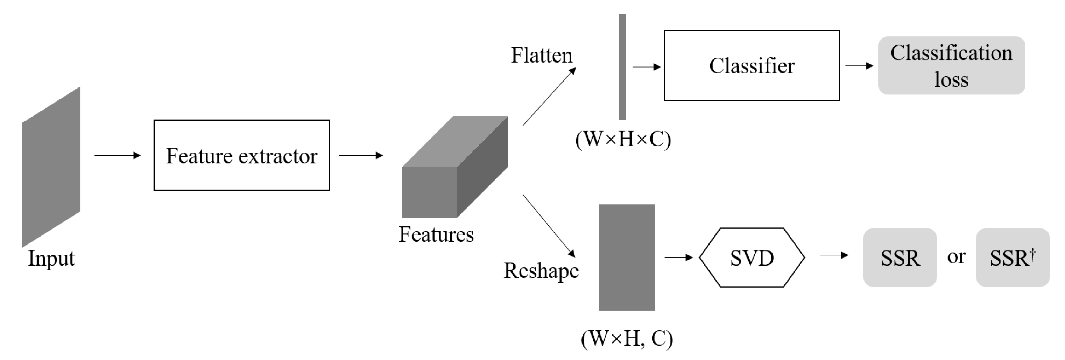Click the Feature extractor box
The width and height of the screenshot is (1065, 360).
coord(241,155)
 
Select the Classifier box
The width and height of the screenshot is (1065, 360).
coord(751,66)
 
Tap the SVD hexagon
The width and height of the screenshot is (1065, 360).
coord(752,257)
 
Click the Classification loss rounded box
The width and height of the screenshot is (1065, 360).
coord(951,66)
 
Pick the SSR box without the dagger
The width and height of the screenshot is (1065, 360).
coord(900,257)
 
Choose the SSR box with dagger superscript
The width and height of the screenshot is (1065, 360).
coord(1012,257)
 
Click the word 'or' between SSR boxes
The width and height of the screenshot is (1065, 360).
coord(956,257)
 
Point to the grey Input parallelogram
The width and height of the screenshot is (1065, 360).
coord(51,167)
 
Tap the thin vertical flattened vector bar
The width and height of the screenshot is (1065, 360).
coord(622,67)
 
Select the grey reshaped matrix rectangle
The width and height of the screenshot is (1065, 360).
coord(626,257)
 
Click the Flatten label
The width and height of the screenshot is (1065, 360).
coord(541,55)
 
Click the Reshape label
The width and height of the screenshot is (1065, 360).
coord(541,271)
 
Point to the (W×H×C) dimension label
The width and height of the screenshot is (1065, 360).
coord(623,140)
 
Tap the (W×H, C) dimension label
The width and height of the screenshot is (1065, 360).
coord(626,339)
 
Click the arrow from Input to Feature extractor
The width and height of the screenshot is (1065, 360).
coord(118,155)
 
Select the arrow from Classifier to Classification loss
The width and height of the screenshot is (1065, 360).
coord(859,66)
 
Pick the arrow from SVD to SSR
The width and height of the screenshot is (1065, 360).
coord(834,255)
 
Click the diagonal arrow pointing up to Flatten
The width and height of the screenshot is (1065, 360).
coord(549,96)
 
